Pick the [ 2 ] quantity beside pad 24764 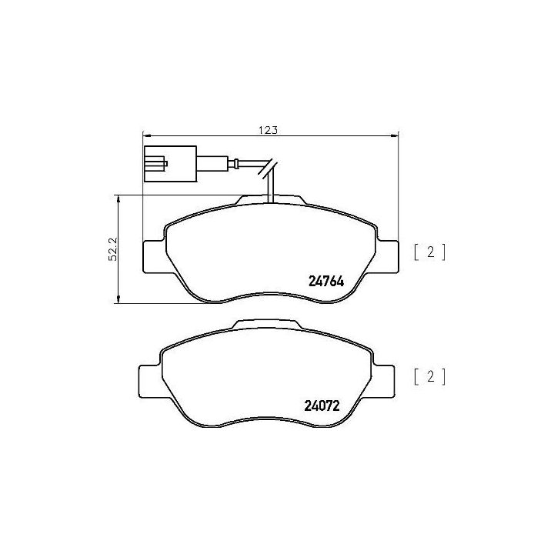(x=429, y=252)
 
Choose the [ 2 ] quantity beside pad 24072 (x=429, y=376)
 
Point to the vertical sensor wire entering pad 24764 (x=270, y=189)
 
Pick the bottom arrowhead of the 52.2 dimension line (x=118, y=299)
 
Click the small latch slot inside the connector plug (x=157, y=163)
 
